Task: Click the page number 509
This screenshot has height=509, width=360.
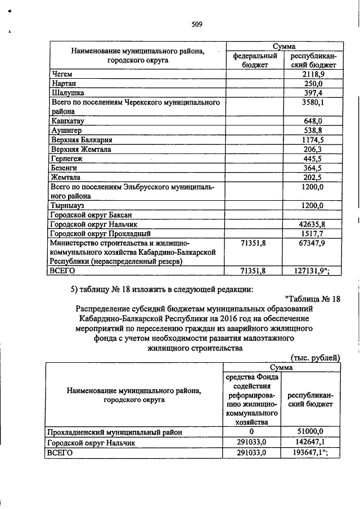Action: coord(196,24)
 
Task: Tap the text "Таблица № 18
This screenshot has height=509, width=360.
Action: coord(313,298)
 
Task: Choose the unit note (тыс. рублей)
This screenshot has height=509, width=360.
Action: coord(315,357)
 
